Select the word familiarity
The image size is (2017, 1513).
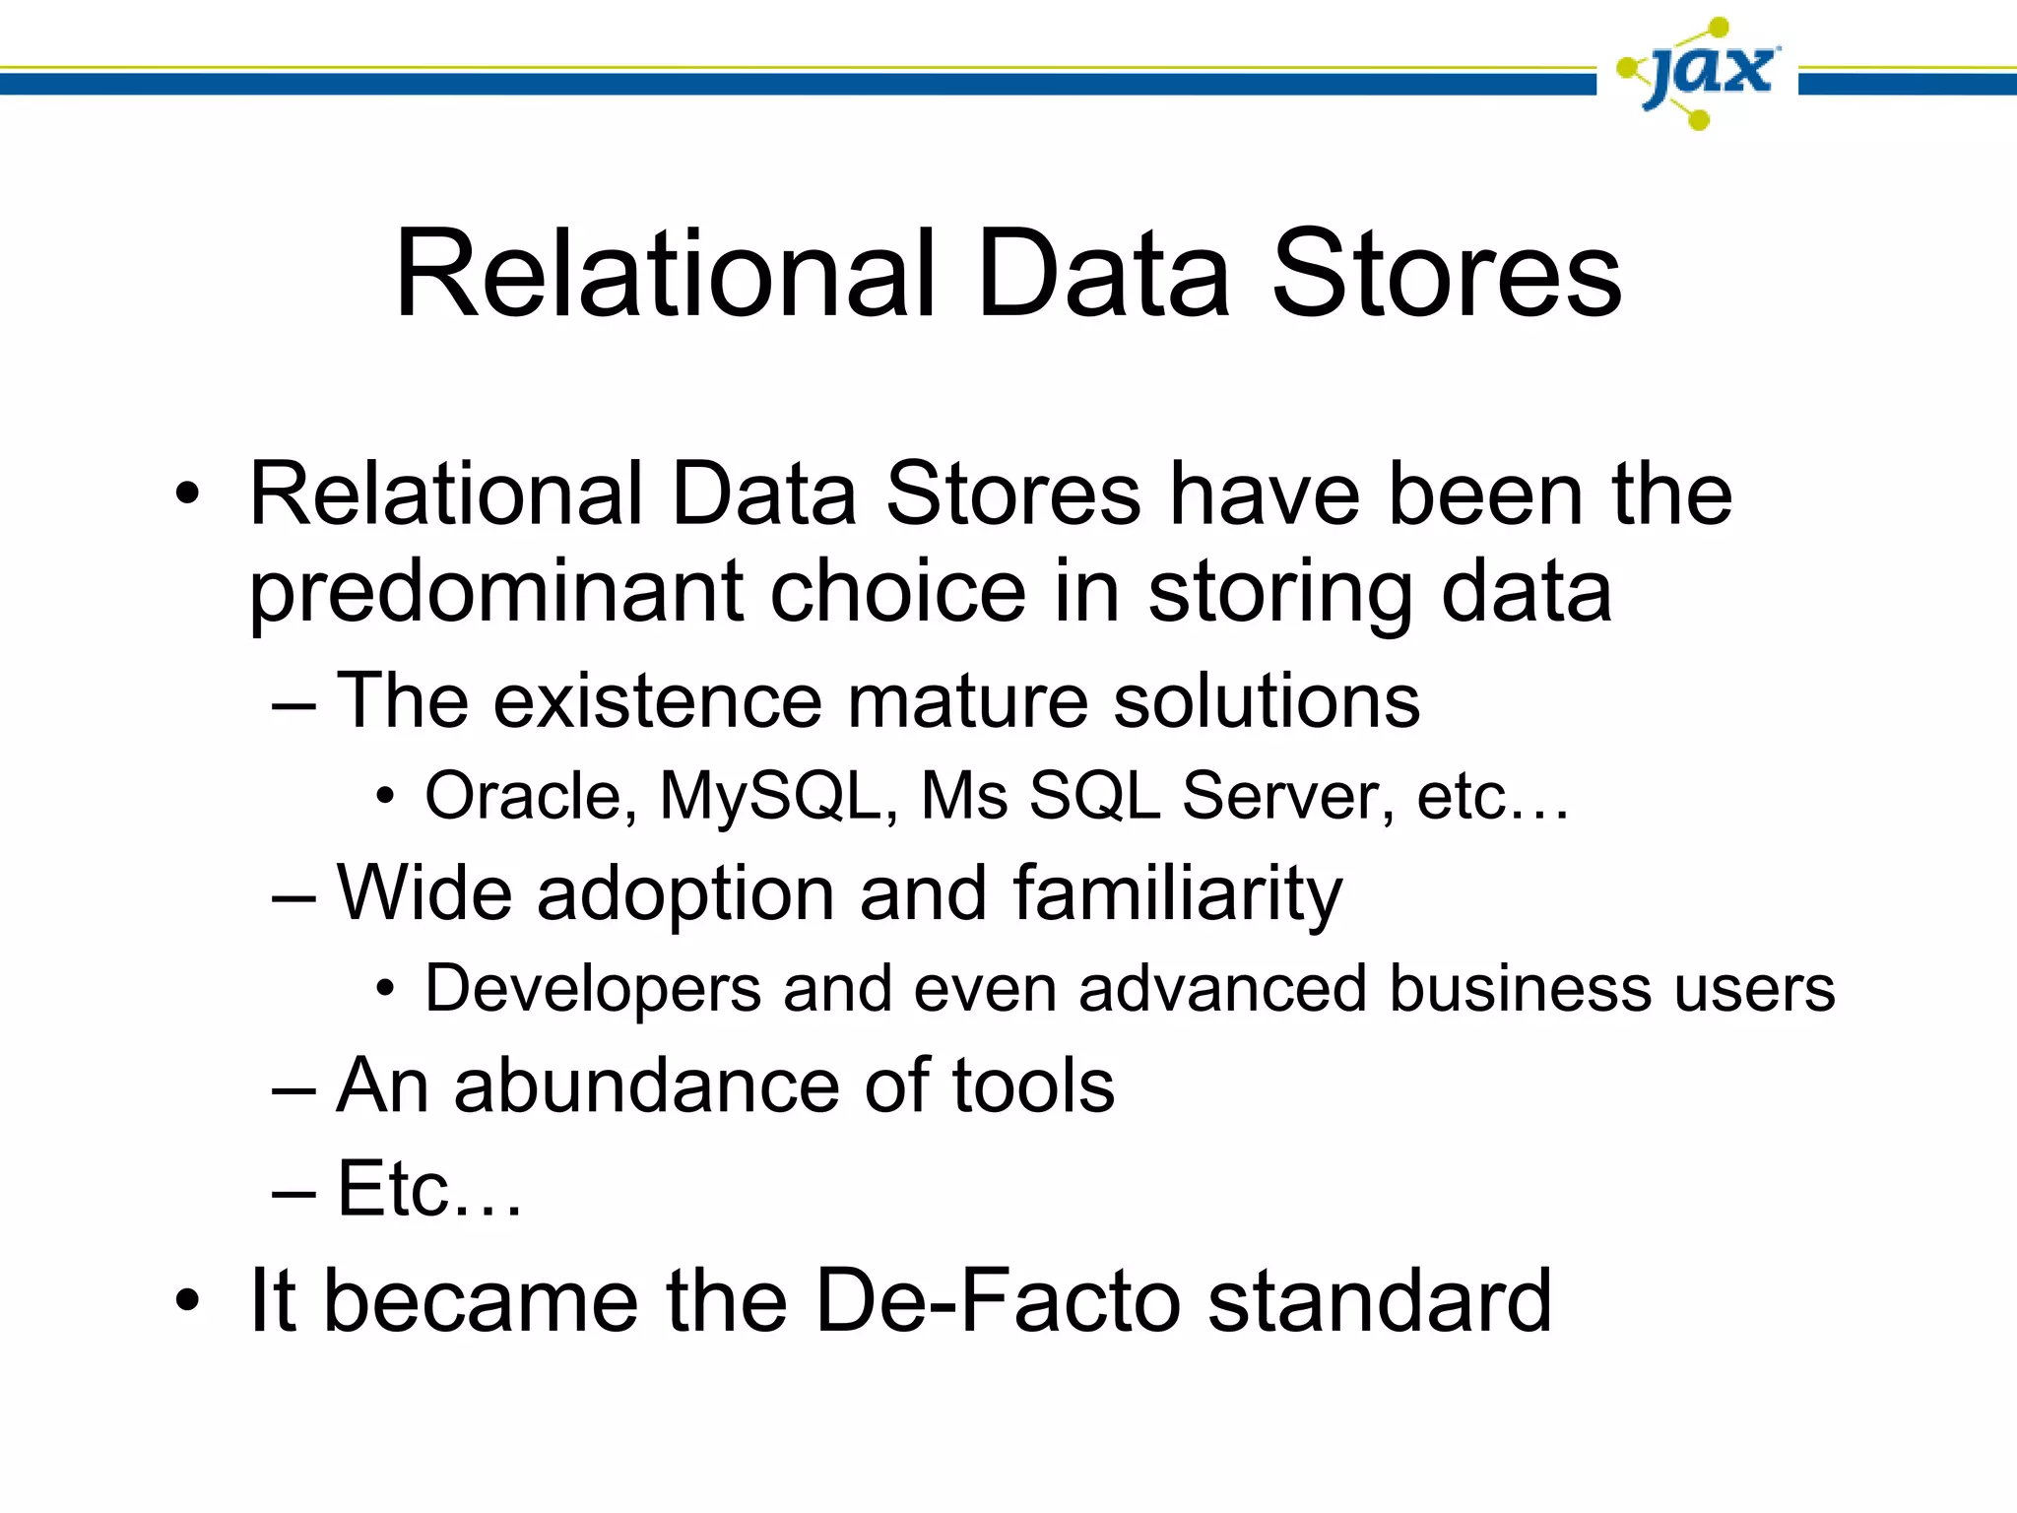1178,894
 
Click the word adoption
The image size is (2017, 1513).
685,894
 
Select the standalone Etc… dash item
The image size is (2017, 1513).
428,1190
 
